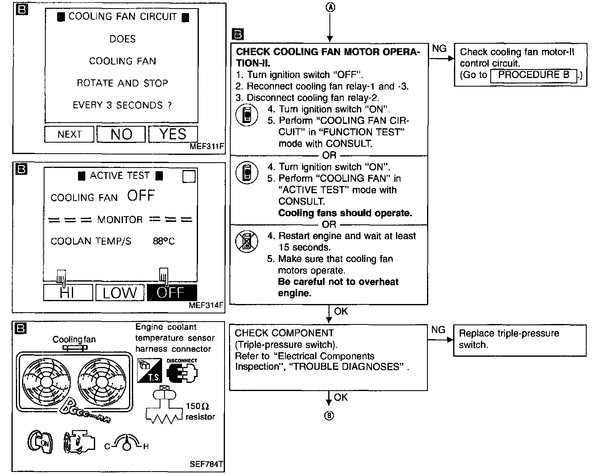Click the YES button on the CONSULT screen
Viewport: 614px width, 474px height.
(x=173, y=134)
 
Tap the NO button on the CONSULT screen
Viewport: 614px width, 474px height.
(x=121, y=134)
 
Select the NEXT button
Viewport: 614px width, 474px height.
(x=69, y=134)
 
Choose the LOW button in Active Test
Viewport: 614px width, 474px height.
(x=120, y=293)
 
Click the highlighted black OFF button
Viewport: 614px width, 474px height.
(x=171, y=293)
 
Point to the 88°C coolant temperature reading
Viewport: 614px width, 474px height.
(x=164, y=241)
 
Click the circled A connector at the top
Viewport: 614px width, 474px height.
(x=330, y=7)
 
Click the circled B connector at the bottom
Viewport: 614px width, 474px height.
(x=329, y=416)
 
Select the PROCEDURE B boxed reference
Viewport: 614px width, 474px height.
(x=534, y=75)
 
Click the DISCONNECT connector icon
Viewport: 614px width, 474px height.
(x=182, y=371)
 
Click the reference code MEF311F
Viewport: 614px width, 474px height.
(x=207, y=146)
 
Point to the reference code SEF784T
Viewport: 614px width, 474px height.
(x=207, y=464)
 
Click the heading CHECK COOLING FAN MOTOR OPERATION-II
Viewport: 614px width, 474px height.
(x=328, y=57)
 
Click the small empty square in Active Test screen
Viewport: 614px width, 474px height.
(x=189, y=177)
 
